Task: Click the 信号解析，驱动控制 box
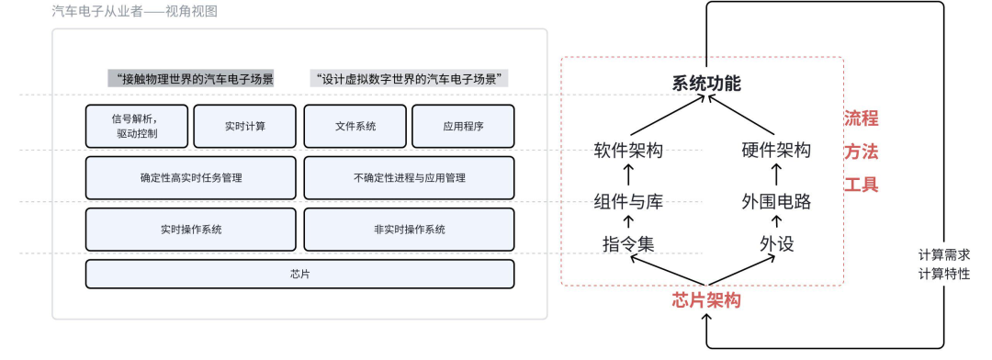coord(137,126)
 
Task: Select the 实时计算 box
coord(244,126)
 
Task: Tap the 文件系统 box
coord(355,126)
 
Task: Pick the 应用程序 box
coord(463,126)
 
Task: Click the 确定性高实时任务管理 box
coord(191,177)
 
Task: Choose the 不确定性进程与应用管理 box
coord(409,177)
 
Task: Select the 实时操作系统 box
coord(191,230)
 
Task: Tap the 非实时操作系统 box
coord(409,230)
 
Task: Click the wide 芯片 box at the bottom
coord(299,274)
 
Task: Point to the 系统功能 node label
coord(705,84)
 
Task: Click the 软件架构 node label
coord(629,151)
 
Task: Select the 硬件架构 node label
coord(776,151)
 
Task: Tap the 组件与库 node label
coord(629,201)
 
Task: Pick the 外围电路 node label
coord(776,201)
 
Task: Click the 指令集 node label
coord(629,244)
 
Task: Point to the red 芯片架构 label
coord(705,300)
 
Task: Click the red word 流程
coord(862,118)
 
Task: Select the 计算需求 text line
coord(943,254)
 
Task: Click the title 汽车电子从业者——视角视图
coord(135,12)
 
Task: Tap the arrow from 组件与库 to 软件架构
coord(629,175)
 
